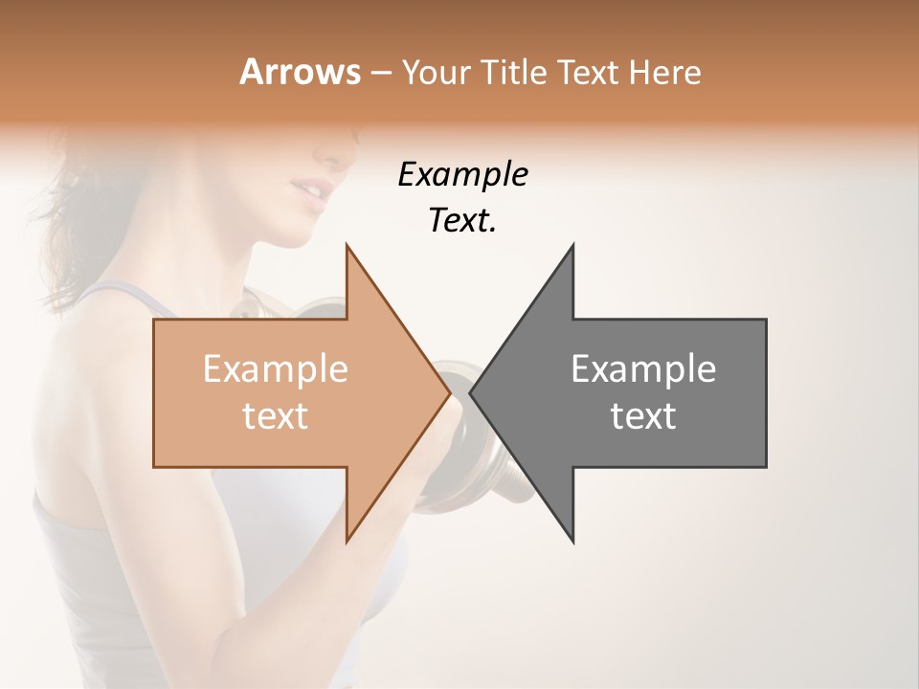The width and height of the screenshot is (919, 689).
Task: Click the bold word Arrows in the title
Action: (x=299, y=72)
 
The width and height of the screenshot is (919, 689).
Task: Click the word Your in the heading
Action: (x=435, y=74)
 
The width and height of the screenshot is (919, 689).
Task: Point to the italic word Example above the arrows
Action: (x=462, y=175)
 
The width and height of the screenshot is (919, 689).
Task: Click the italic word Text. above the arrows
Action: (x=462, y=221)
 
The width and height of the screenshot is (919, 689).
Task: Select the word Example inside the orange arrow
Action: (x=275, y=369)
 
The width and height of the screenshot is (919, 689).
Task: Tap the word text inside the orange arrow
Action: (x=275, y=416)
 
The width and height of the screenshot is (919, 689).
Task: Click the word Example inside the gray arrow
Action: (x=643, y=369)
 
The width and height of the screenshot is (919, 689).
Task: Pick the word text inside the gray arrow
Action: (x=643, y=416)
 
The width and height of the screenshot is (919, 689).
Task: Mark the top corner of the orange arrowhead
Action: (x=347, y=246)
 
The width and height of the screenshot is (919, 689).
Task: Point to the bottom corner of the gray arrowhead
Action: (x=573, y=542)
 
